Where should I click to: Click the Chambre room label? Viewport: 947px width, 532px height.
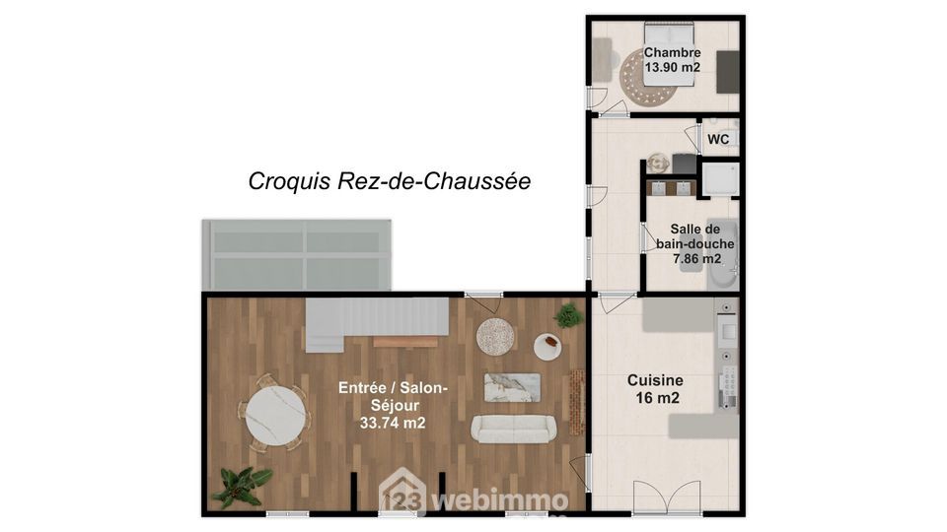(672, 52)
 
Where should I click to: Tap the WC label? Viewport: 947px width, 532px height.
(718, 139)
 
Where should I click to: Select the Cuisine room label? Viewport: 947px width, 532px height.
(655, 380)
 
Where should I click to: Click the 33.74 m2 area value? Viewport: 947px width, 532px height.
(393, 423)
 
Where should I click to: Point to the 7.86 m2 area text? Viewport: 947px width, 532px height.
(697, 259)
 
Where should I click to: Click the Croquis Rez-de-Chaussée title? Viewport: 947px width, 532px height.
(390, 181)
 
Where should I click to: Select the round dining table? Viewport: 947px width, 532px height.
(275, 416)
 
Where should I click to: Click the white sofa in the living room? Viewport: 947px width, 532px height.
(513, 429)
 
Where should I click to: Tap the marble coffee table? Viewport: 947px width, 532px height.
(512, 387)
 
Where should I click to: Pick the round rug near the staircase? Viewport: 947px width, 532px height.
(495, 337)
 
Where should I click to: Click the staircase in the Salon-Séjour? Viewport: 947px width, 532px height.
(377, 324)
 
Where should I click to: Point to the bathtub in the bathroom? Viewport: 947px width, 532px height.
(722, 254)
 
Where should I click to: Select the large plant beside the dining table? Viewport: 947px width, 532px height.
(242, 486)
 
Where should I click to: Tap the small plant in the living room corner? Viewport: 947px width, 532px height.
(568, 315)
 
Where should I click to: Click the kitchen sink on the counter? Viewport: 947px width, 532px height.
(727, 331)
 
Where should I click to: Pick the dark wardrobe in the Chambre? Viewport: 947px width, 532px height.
(728, 72)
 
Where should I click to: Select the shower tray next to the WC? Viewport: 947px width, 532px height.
(720, 179)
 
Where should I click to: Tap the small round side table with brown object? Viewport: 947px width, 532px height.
(547, 347)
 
